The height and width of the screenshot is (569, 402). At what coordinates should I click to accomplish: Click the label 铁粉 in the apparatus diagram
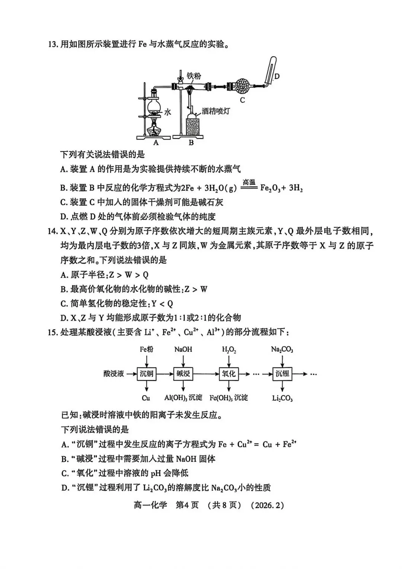click(194, 76)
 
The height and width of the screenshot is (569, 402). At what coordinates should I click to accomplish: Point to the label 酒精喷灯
click(216, 111)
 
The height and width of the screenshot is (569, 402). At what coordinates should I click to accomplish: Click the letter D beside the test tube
click(277, 76)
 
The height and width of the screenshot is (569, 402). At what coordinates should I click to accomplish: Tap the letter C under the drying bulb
click(242, 100)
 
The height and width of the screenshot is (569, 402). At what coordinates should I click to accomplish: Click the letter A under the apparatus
click(156, 142)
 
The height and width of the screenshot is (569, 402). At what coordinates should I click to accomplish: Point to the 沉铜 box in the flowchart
click(146, 373)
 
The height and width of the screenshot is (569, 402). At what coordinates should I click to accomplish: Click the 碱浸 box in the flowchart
click(183, 373)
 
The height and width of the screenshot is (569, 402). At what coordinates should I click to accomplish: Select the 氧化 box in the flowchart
click(229, 373)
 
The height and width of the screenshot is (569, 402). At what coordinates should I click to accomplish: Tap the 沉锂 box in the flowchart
click(282, 373)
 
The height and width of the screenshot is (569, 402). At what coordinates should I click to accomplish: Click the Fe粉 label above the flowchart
click(146, 349)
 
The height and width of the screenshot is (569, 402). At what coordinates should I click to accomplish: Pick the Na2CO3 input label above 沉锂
click(282, 350)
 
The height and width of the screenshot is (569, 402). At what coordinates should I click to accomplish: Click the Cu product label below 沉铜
click(146, 398)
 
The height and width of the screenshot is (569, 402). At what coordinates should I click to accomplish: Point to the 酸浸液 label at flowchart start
click(114, 373)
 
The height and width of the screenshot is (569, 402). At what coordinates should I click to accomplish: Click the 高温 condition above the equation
click(249, 182)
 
